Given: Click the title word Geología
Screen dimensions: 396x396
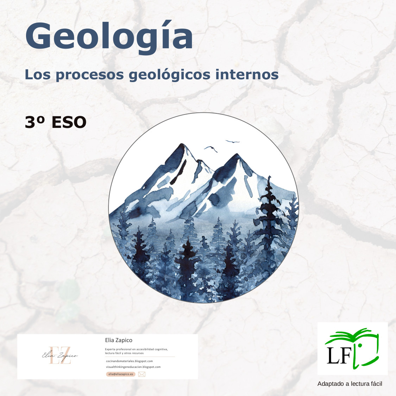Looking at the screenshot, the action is click(x=109, y=37).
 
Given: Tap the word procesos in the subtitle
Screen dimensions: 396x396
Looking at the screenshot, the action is click(x=90, y=75).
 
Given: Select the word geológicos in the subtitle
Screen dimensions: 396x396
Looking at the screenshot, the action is click(x=169, y=75).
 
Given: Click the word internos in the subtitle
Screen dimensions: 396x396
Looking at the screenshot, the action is click(x=247, y=74).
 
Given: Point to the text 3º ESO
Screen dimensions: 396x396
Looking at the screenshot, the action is click(x=56, y=122).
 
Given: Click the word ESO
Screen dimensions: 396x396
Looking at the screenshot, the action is click(x=69, y=122).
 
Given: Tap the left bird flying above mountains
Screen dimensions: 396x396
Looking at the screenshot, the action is click(x=211, y=149).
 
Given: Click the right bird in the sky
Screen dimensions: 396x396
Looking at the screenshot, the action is click(x=232, y=142).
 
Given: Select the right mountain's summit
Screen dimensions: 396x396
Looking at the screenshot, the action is click(x=237, y=154).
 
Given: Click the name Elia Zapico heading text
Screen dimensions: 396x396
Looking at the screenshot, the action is click(x=118, y=340).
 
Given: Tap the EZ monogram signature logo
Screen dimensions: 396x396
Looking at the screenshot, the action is click(x=60, y=355).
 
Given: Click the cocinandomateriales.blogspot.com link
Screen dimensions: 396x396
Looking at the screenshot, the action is click(x=129, y=361).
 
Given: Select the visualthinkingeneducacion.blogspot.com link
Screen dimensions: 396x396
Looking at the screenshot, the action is click(x=133, y=367).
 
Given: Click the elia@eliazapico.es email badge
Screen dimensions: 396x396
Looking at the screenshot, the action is click(x=121, y=374).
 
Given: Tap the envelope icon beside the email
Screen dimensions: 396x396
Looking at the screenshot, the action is click(x=142, y=374).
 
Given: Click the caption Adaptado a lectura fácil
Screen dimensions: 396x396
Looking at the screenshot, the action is click(x=350, y=384).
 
